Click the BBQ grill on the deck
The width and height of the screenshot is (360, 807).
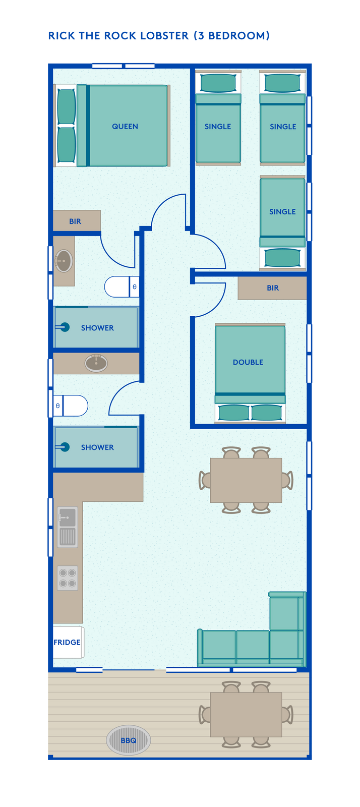click(129, 740)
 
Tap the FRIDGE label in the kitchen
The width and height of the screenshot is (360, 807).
click(67, 643)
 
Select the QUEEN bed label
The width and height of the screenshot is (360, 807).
click(125, 127)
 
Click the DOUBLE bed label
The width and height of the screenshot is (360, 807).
click(248, 362)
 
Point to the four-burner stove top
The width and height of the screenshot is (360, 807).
click(68, 578)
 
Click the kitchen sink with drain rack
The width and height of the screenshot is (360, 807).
click(68, 527)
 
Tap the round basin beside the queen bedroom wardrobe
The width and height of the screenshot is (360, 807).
click(64, 261)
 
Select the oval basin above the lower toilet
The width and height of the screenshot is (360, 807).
click(96, 363)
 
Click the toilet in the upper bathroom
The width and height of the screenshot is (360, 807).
click(122, 287)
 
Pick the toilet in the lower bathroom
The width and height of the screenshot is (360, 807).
click(71, 406)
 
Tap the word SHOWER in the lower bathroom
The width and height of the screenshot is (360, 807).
click(97, 447)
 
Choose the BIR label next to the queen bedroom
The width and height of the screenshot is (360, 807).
click(75, 221)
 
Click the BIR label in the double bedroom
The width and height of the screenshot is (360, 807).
click(273, 288)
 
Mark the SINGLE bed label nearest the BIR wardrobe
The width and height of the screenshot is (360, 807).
click(282, 212)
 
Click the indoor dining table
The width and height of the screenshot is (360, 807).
click(246, 480)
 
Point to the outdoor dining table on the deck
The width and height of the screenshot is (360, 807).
click(246, 714)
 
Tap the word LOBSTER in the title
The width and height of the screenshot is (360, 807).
click(164, 36)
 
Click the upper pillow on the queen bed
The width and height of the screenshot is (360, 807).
click(66, 107)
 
